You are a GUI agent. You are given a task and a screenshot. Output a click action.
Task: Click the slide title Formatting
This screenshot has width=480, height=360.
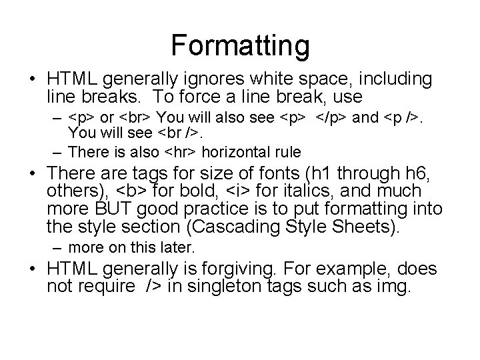(240, 45)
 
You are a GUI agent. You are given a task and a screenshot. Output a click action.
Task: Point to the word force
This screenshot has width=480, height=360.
(215, 97)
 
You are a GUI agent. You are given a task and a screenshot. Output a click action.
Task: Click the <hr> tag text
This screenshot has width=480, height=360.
(175, 152)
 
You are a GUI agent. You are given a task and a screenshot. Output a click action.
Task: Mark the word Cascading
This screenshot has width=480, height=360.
(235, 228)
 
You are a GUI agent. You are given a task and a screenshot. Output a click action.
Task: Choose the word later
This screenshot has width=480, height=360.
(178, 249)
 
